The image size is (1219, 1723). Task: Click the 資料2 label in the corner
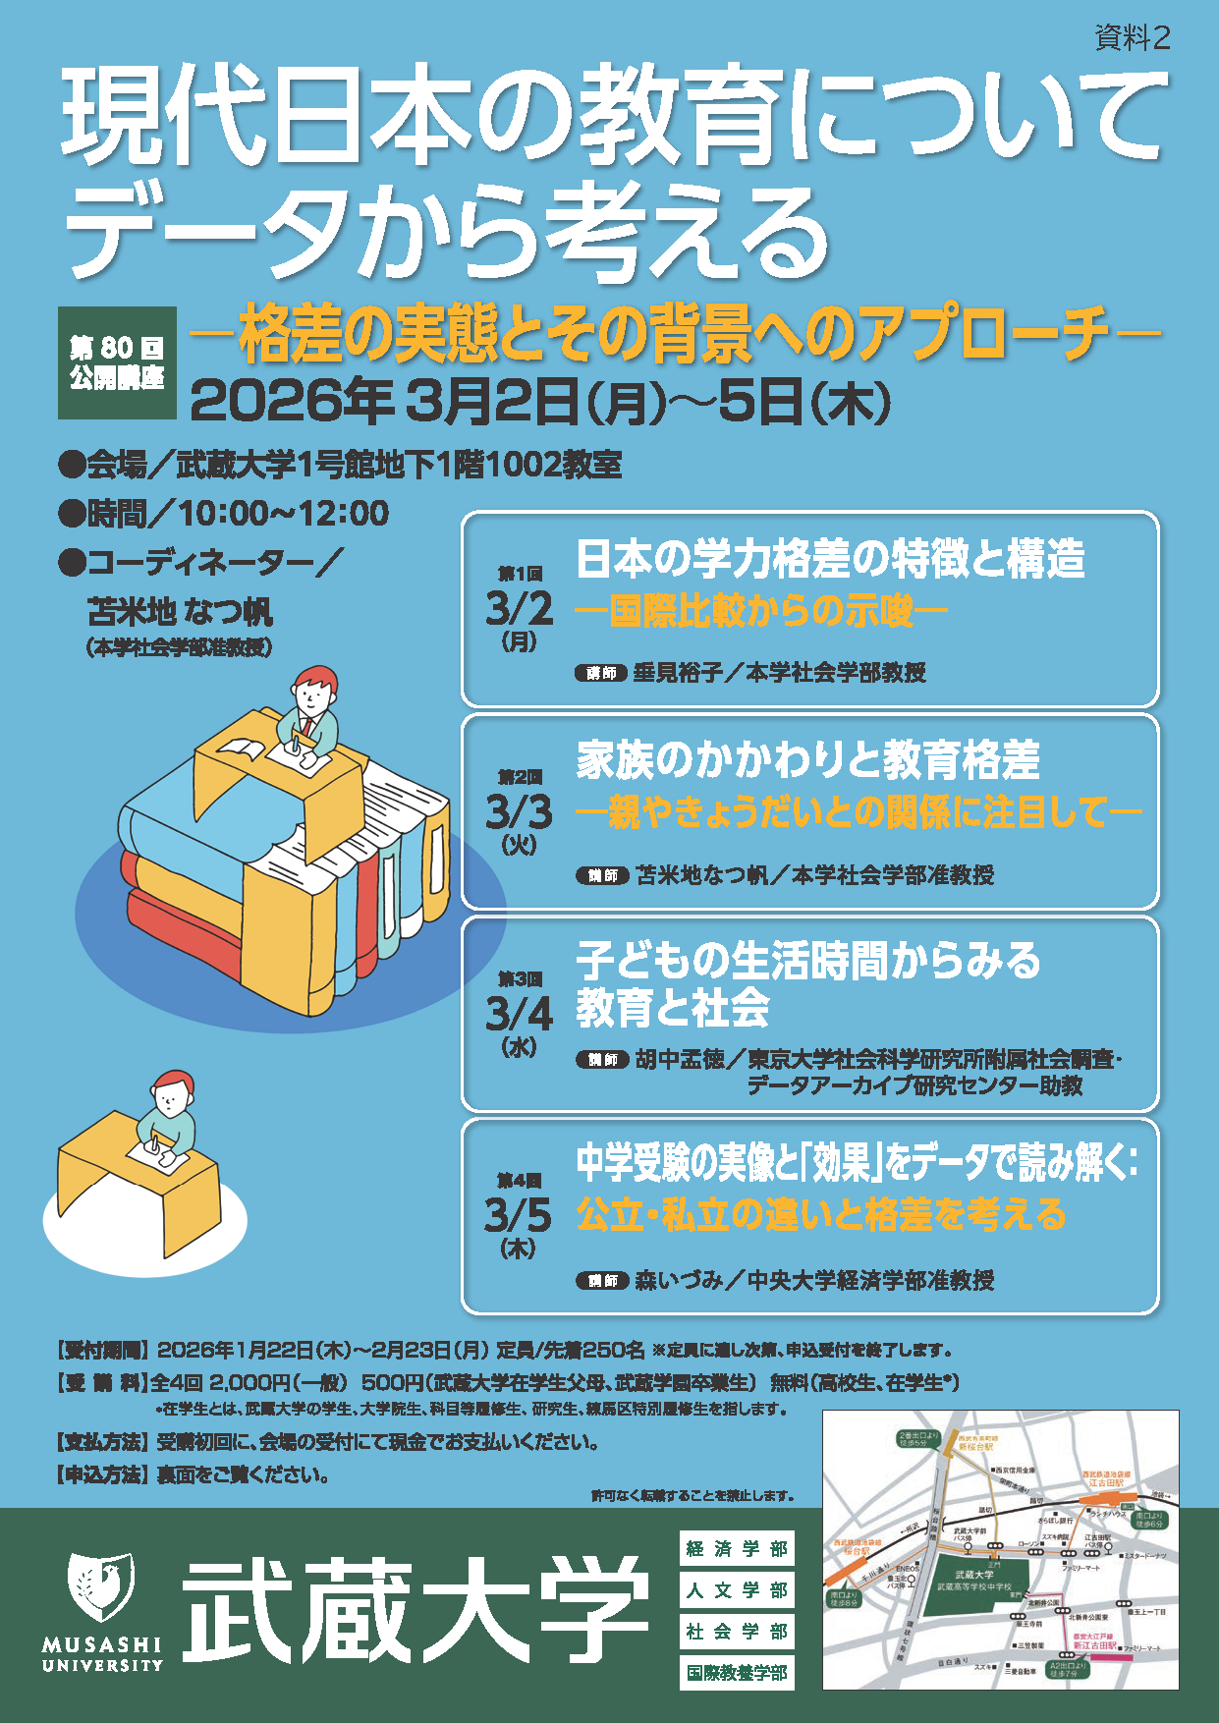coord(1132,38)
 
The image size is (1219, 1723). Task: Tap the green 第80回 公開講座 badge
coord(117,362)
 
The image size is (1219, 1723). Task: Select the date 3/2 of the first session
coord(519,609)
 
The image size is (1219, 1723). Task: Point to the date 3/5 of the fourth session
coord(518,1215)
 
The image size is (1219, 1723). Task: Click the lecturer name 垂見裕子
coord(678,673)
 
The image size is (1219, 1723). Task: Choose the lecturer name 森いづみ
coord(679,1280)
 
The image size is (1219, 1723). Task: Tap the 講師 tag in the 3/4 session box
coord(601,1060)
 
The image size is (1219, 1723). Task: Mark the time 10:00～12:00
coord(284,513)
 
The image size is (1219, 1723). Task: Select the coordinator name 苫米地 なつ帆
coord(181,612)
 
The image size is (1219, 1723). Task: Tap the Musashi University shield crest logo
coord(101,1586)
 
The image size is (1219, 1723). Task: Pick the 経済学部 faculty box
coord(737,1549)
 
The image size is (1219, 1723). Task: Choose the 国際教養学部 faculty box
coord(737,1673)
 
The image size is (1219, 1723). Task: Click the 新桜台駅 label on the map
coord(976,1447)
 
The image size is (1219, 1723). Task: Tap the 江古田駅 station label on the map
coord(1106,1483)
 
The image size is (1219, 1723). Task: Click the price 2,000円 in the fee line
coord(249,1383)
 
